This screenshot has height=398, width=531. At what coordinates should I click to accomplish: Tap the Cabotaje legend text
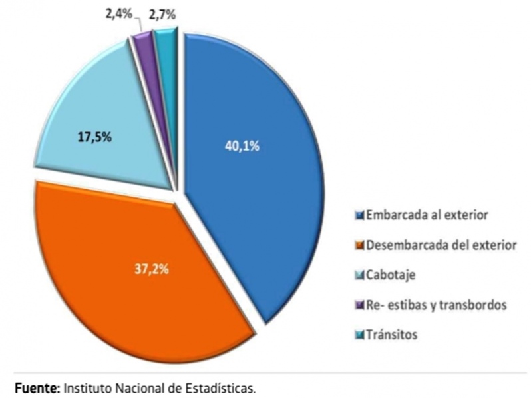point(390,275)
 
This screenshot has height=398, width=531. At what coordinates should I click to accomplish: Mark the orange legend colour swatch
point(360,246)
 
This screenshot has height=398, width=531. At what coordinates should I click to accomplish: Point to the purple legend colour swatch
point(360,306)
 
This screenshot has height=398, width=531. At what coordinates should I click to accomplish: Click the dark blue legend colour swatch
point(360,216)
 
